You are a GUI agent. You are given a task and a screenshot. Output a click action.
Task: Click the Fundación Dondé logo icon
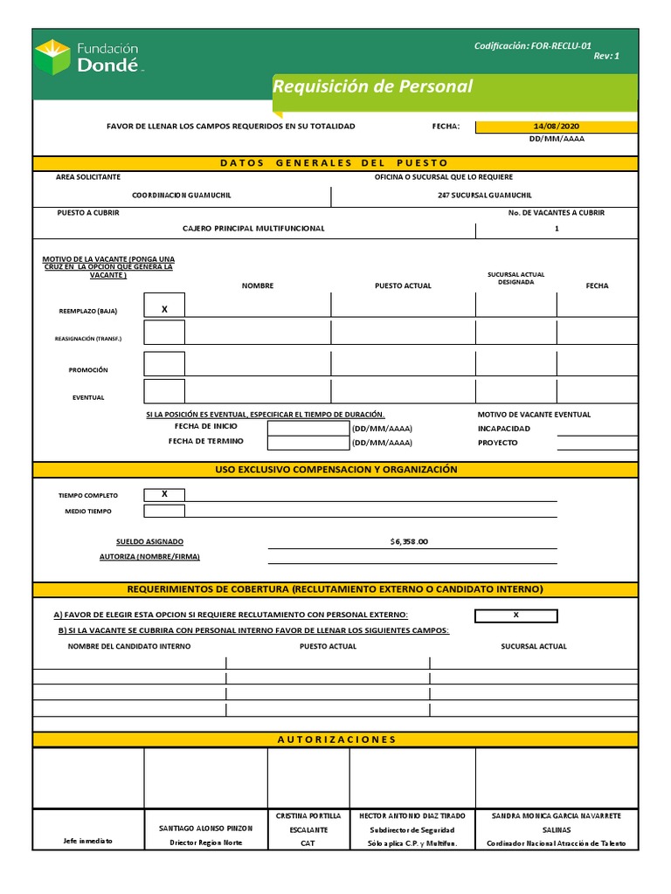click(x=52, y=57)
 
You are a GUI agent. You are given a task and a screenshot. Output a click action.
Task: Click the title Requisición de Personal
click(x=372, y=86)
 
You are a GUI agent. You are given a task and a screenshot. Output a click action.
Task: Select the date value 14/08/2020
click(x=557, y=126)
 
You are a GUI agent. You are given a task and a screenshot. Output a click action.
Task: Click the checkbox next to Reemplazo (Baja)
click(x=164, y=309)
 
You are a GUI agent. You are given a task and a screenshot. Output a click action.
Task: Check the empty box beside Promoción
click(x=164, y=364)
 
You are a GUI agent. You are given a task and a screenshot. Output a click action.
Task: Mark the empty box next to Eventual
click(x=164, y=391)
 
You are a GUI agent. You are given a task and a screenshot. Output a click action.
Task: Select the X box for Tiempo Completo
click(x=164, y=494)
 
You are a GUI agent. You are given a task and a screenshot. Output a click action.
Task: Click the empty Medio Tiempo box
click(x=164, y=511)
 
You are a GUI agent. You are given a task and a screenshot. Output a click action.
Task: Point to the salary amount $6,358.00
click(x=409, y=541)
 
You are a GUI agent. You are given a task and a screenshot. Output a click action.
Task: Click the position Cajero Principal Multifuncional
click(x=253, y=229)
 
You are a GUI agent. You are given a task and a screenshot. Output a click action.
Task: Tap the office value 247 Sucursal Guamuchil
click(x=484, y=196)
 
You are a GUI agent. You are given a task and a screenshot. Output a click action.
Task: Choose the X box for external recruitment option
click(x=515, y=615)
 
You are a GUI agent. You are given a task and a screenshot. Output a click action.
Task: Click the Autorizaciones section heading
click(x=336, y=739)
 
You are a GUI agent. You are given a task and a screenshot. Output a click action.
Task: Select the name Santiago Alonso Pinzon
click(x=205, y=828)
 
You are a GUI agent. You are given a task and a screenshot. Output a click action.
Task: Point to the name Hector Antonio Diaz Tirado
click(x=412, y=815)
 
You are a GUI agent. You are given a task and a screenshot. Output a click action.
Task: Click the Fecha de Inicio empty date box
click(x=308, y=429)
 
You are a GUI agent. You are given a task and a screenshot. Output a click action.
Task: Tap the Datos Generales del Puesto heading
click(x=334, y=162)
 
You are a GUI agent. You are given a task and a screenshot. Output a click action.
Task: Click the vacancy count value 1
click(x=557, y=229)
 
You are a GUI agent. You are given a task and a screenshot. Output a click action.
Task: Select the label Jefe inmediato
click(x=88, y=842)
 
